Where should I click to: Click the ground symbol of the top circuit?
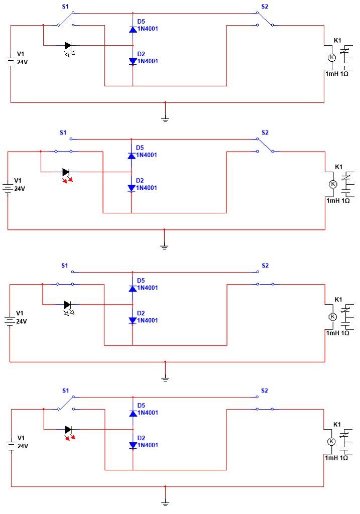click(165, 119)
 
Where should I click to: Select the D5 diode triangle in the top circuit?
click(133, 30)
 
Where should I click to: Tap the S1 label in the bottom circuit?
click(66, 391)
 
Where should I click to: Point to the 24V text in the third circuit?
click(21, 321)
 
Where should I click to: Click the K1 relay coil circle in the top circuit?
click(332, 58)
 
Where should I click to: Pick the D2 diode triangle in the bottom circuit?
click(133, 445)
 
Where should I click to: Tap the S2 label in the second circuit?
click(265, 133)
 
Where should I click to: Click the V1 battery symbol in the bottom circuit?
click(12, 445)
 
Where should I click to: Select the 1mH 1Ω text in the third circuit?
click(337, 333)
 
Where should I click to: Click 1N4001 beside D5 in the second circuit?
click(147, 155)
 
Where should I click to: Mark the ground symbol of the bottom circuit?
click(165, 504)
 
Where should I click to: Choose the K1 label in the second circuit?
click(339, 167)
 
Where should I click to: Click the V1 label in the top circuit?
click(21, 54)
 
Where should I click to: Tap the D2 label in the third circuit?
click(141, 313)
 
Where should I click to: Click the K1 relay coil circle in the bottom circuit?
click(331, 442)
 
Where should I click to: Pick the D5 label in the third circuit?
click(141, 280)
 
